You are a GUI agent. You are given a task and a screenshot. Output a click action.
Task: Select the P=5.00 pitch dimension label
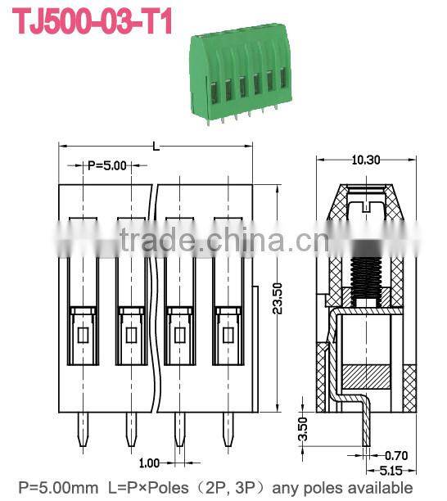[106, 165]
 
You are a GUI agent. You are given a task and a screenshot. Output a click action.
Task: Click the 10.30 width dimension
[365, 160]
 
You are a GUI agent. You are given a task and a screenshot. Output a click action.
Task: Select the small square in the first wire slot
[83, 334]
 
